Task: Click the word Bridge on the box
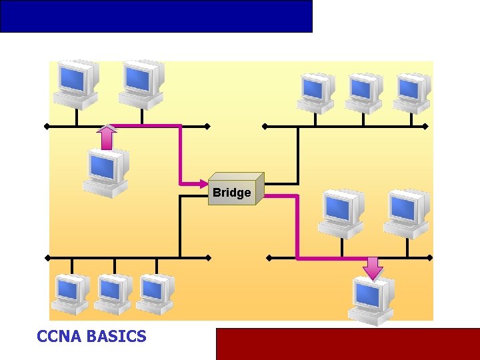point(232,193)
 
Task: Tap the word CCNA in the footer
point(59,337)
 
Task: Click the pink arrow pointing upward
point(106,137)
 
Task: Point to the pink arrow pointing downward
point(373,268)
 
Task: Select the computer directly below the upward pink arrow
point(105,173)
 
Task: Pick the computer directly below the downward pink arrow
point(371,301)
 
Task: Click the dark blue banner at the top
point(156,16)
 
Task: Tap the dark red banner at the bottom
point(347,344)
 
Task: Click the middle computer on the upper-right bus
point(363,93)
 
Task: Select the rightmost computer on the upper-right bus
point(411,93)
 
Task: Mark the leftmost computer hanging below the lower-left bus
point(71,293)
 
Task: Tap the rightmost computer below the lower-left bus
point(155,293)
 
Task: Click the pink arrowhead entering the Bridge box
point(203,183)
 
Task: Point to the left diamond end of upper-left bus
point(47,126)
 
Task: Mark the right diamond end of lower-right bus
point(430,257)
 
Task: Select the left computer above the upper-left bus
point(76,84)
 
